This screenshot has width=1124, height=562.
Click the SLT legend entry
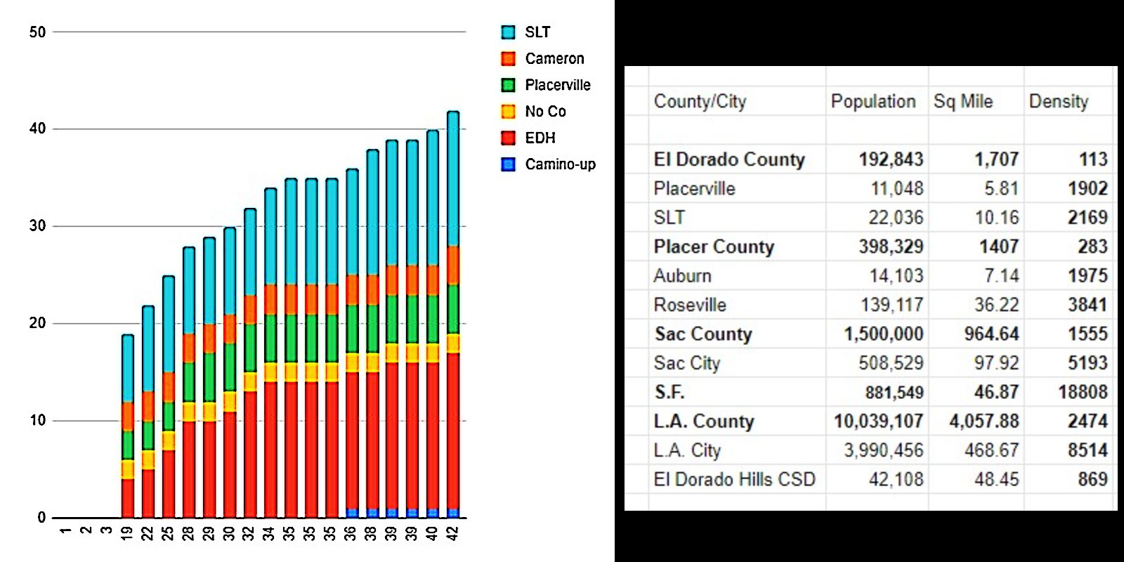[x=537, y=32]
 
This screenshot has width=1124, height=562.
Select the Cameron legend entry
[x=554, y=59]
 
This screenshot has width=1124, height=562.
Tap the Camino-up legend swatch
[x=509, y=164]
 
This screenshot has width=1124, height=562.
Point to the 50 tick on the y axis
[x=37, y=32]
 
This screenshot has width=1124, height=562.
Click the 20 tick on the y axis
[x=37, y=323]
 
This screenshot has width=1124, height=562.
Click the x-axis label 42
[x=453, y=533]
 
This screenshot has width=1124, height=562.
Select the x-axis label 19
[x=127, y=533]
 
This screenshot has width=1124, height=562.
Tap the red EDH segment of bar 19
[x=127, y=498]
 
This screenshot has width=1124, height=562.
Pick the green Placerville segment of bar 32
[x=249, y=348]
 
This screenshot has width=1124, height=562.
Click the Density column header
[x=1058, y=102]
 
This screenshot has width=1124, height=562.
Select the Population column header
[x=873, y=102]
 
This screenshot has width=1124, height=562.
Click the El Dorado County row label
[x=728, y=159]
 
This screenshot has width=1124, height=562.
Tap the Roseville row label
[x=689, y=305]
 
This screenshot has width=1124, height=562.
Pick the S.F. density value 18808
[x=1083, y=392]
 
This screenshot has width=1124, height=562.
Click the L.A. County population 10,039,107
[x=878, y=421]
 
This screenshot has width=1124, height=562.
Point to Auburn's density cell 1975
[x=1087, y=275]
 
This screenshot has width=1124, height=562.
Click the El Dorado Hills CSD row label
[x=734, y=480]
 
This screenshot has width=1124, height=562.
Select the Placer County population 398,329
[x=891, y=247]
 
